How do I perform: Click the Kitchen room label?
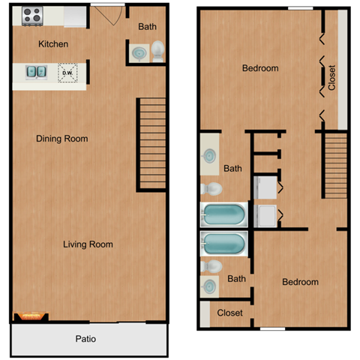[x=53, y=44]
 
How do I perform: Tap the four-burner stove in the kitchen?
[x=31, y=14]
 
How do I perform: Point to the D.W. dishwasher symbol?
[x=67, y=73]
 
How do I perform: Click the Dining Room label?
[x=62, y=139]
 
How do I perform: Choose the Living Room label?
[x=88, y=244]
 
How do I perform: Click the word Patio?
[x=85, y=339]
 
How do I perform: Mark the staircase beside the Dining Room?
[x=151, y=142]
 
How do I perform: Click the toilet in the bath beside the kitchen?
[x=157, y=51]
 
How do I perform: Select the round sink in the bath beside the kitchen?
[x=139, y=52]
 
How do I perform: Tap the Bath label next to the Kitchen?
[x=147, y=27]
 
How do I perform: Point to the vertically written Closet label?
[x=331, y=76]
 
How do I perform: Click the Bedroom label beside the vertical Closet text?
[x=259, y=68]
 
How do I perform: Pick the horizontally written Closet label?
[x=229, y=313]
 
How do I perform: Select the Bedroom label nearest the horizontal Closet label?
[x=300, y=282]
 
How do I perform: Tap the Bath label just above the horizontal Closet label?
[x=236, y=279]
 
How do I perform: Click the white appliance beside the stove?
[x=75, y=14]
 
